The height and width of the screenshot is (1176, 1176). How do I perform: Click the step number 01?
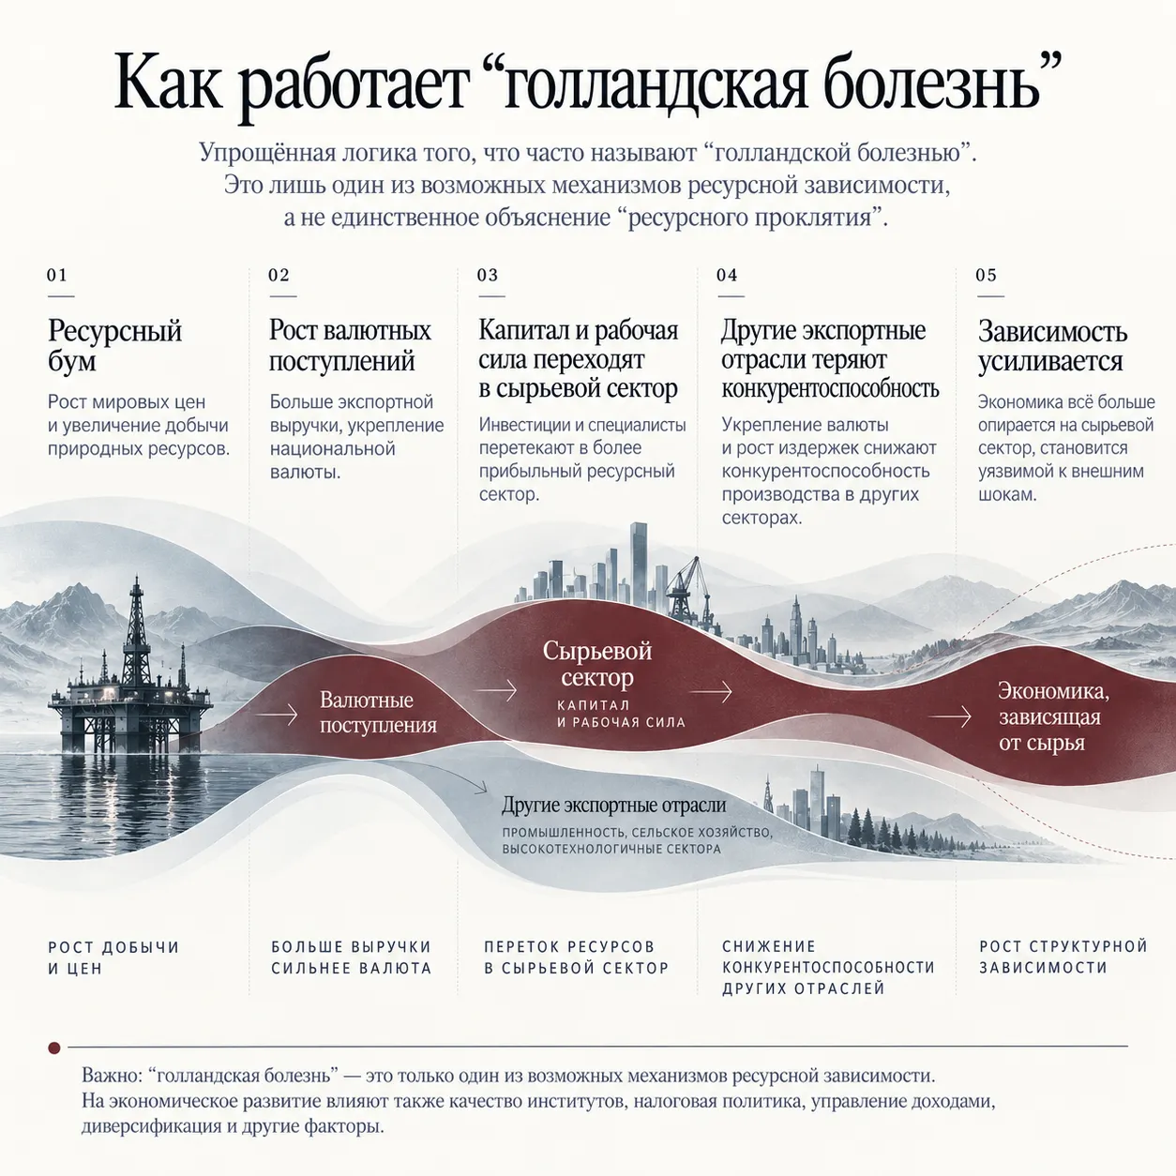tap(57, 275)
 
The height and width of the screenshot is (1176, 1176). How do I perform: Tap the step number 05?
tap(987, 275)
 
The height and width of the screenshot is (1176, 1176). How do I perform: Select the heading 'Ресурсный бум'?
tap(114, 346)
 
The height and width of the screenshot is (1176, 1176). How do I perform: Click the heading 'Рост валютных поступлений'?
tap(350, 346)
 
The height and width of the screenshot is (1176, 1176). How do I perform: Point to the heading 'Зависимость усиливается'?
tap(1052, 346)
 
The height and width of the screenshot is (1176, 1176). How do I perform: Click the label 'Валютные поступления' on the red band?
tap(378, 712)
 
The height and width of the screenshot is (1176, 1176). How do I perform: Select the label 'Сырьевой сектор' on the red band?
tap(596, 664)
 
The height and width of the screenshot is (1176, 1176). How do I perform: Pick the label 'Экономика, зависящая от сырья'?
tap(1053, 716)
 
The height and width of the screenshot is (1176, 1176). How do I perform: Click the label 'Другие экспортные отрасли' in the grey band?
tap(614, 805)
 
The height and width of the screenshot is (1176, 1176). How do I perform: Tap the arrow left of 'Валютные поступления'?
tap(277, 714)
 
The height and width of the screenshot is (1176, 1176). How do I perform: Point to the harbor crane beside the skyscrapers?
tap(687, 585)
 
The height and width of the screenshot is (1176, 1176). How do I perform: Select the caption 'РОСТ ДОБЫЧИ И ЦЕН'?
tap(113, 957)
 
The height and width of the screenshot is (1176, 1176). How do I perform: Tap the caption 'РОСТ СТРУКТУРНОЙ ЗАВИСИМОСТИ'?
tap(1063, 957)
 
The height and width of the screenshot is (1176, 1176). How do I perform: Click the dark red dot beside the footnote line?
tap(54, 1048)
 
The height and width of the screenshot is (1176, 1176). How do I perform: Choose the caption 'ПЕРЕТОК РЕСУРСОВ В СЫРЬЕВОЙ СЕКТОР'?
tap(576, 957)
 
